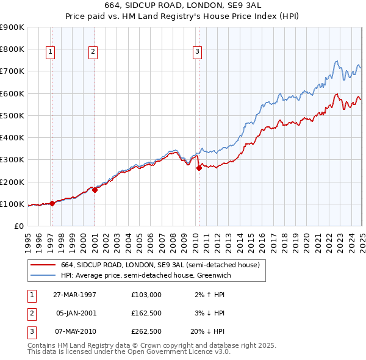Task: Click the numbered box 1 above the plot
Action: point(49,52)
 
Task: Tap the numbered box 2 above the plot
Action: point(93,52)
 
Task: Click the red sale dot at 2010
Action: point(199,168)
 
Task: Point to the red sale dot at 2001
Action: point(95,190)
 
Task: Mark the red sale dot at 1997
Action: point(52,204)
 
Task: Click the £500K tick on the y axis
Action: point(12,115)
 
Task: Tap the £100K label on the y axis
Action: point(12,204)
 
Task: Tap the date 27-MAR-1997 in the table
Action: point(74,295)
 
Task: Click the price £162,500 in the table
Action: point(146,313)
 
